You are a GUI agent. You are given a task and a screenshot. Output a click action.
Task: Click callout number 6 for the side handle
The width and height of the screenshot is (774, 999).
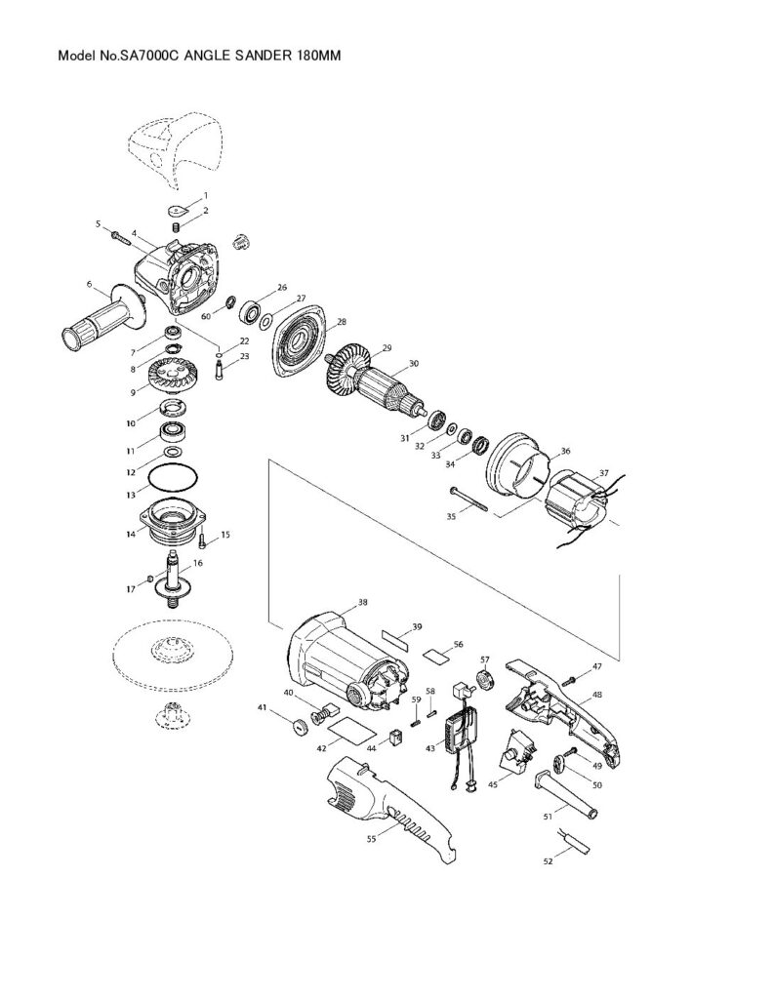[89, 284]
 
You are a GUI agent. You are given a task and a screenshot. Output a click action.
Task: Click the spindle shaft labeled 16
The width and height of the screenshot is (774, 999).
[176, 579]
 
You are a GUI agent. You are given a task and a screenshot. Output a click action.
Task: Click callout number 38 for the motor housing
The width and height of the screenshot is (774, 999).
[363, 603]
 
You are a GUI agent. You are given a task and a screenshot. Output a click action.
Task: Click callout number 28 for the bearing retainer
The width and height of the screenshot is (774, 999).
[341, 321]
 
